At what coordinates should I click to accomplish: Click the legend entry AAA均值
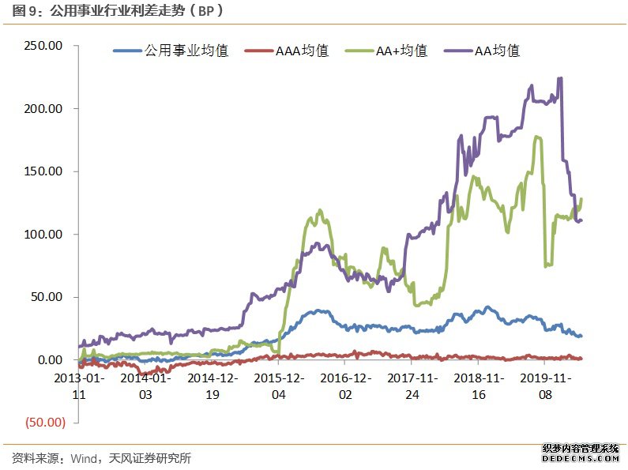click(302, 51)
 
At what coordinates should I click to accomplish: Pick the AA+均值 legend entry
click(401, 51)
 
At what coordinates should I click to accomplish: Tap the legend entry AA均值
click(497, 51)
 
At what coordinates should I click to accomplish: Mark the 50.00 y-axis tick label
click(48, 297)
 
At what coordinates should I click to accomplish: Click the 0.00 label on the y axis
click(51, 360)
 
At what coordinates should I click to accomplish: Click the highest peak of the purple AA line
click(560, 78)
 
